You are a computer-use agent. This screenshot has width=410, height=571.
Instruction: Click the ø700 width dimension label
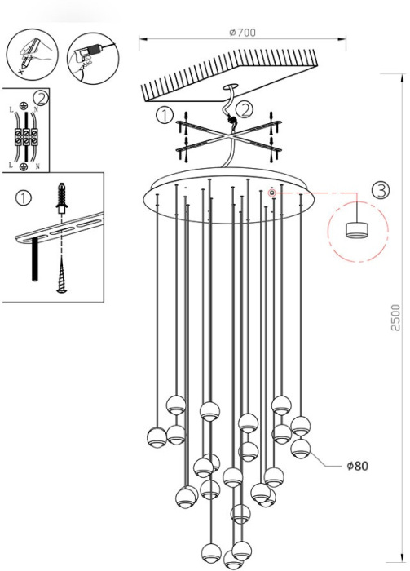(242, 33)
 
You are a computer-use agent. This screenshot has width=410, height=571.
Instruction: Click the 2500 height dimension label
(395, 317)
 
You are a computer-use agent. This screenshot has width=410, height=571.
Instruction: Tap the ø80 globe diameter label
(357, 466)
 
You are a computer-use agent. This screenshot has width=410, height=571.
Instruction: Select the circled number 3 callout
(381, 190)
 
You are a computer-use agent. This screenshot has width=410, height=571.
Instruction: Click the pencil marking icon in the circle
(32, 55)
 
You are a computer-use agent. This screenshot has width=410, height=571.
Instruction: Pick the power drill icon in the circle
(93, 58)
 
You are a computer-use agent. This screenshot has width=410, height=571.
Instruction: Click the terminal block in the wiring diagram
(26, 137)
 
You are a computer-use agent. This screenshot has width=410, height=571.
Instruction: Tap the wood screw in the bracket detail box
(62, 274)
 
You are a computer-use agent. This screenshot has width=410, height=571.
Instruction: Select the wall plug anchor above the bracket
(62, 197)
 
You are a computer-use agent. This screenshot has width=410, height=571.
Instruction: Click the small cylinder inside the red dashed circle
(357, 229)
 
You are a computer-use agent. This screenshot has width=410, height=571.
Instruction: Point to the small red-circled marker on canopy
(271, 193)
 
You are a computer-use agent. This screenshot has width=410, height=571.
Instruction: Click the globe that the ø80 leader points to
(301, 448)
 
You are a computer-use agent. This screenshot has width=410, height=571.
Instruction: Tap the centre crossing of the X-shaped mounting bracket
(228, 137)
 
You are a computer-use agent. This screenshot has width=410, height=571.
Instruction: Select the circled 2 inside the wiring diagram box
(41, 99)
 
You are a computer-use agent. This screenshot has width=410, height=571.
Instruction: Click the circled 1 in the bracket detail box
(24, 198)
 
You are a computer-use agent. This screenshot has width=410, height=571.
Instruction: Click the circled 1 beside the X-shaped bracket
(165, 115)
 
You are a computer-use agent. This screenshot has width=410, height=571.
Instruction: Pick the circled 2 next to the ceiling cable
(244, 108)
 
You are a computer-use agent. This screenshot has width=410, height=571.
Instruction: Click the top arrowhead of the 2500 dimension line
(403, 78)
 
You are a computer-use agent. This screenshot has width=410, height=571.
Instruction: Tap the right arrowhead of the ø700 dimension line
(342, 38)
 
